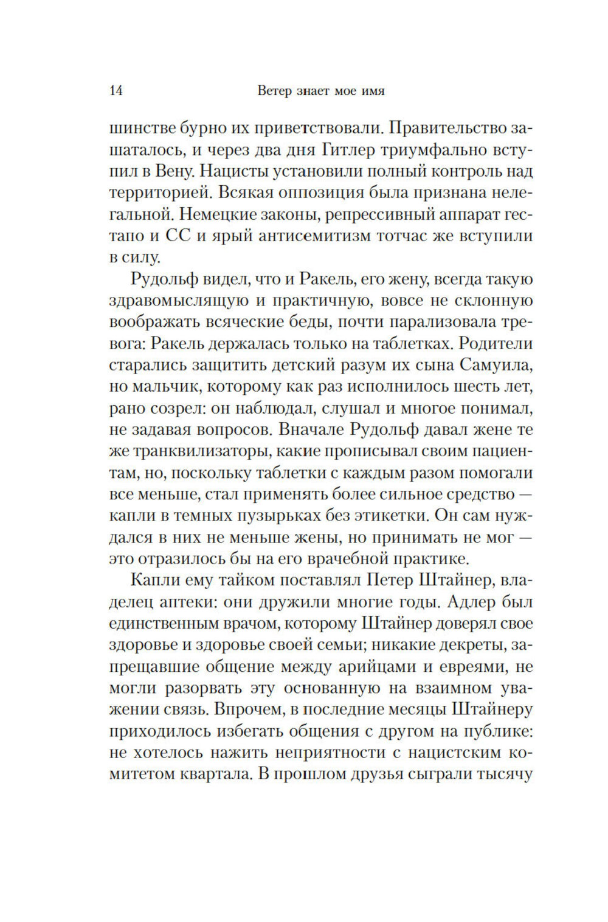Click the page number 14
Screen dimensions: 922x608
[117, 92]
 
